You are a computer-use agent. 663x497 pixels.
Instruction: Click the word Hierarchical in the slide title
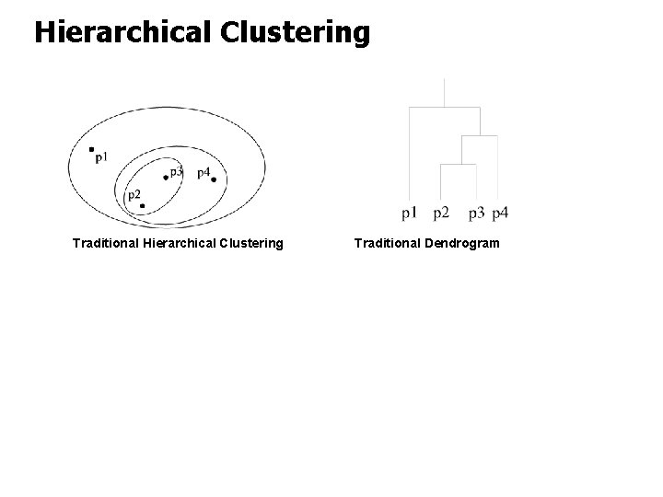[124, 32]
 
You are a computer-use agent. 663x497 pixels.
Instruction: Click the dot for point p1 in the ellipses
[91, 149]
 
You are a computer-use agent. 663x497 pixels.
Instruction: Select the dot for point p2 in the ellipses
[142, 205]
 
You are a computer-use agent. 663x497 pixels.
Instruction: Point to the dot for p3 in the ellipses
[166, 177]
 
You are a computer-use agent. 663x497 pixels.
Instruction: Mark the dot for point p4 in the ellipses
[214, 179]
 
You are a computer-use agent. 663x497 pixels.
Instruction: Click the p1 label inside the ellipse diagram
[101, 157]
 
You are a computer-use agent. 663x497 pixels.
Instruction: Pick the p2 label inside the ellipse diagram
[134, 194]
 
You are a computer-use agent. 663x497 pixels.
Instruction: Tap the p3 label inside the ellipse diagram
[177, 171]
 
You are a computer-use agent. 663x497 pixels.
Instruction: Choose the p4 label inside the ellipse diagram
[204, 172]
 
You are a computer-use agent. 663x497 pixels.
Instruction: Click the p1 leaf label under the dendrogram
[410, 214]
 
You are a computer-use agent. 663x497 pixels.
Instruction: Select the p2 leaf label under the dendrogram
[441, 214]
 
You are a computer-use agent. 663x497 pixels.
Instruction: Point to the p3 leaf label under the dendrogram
[476, 214]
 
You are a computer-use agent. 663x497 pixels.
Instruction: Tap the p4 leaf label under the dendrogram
[500, 214]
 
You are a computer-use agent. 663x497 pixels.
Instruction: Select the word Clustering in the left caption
[250, 244]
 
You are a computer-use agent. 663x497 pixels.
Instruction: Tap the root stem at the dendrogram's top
[445, 93]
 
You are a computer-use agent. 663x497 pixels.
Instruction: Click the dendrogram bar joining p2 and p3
[459, 165]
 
